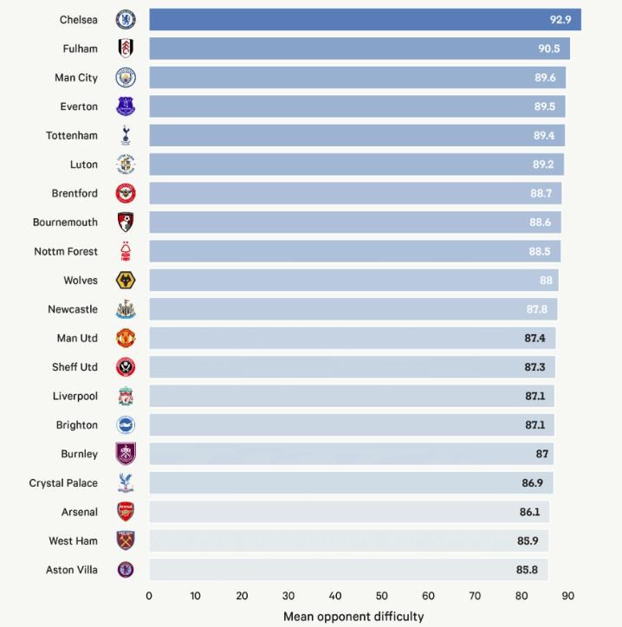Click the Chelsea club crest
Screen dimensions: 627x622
[x=126, y=20]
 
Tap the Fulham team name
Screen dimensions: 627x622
[x=81, y=49]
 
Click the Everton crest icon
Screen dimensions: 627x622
[x=126, y=107]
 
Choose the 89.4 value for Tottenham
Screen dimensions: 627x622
[x=544, y=136]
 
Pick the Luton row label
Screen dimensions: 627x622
[x=84, y=165]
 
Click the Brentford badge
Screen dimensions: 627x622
[x=126, y=194]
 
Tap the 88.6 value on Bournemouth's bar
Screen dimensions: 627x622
[x=541, y=223]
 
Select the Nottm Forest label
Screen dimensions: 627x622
[x=66, y=252]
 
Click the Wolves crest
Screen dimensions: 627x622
[x=126, y=281]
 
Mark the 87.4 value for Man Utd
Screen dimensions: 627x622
[x=535, y=339]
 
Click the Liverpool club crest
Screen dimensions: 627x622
[x=126, y=397]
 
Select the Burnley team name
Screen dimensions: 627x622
[x=80, y=454]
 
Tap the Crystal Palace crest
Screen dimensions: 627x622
[x=126, y=483]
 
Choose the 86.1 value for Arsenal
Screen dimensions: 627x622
[x=529, y=512]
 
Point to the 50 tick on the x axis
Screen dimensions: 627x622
[x=382, y=596]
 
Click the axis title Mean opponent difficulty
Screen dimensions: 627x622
[x=353, y=617]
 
